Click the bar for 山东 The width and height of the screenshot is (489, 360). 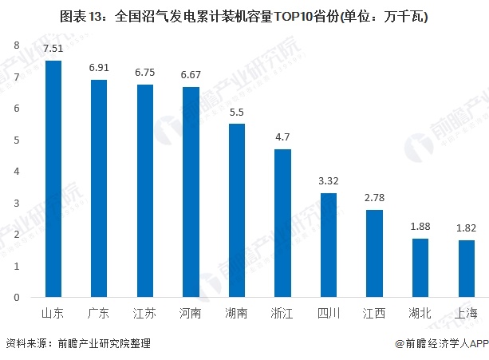click(53, 179)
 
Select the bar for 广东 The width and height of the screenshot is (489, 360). click(99, 188)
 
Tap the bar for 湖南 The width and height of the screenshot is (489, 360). click(237, 210)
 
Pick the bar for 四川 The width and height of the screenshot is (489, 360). click(329, 245)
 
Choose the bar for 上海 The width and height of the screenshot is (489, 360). click(466, 268)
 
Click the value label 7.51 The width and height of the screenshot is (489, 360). click(53, 49)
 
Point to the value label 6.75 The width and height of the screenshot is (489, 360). click(145, 73)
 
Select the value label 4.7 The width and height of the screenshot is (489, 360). click(282, 137)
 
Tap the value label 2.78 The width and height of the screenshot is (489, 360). click(374, 198)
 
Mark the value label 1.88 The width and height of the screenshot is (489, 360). click(420, 227)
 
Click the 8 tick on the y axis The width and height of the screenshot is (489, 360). click(16, 45)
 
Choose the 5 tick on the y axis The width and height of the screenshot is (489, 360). click(16, 140)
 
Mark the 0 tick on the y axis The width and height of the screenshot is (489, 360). click(16, 298)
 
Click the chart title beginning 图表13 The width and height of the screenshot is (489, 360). click(244, 15)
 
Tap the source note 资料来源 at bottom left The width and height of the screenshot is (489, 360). click(77, 344)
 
